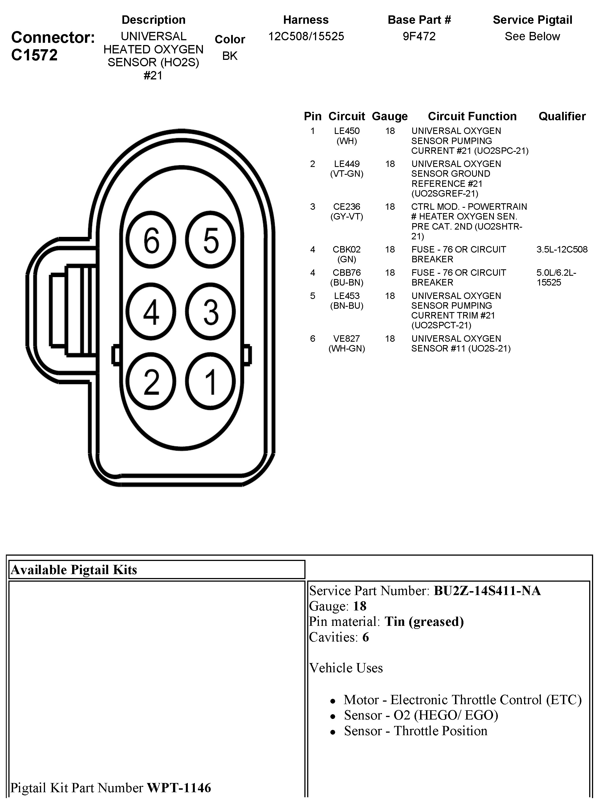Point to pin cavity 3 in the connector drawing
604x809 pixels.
210,312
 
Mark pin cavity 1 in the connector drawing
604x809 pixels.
210,381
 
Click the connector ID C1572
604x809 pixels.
34,55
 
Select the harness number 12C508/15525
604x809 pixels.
306,36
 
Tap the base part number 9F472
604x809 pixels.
419,36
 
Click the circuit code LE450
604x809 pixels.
347,131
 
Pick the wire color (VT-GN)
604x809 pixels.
347,174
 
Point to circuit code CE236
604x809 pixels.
347,207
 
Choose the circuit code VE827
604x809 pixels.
347,339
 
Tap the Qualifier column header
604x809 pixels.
562,116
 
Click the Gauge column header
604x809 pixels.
390,116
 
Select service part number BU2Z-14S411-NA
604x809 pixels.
487,591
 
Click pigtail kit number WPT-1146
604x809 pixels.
179,787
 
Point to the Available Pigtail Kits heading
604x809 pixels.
74,570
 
